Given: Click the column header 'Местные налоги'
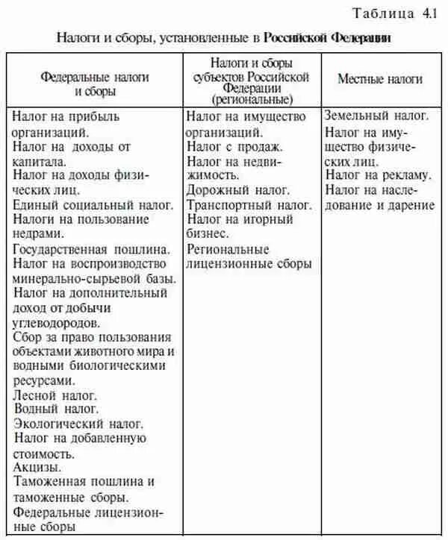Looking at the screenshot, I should coord(379,79).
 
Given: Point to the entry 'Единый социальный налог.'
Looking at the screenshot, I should coord(93,204).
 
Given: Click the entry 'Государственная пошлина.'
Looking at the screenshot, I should coord(93,248).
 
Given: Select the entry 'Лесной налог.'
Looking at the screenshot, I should coord(55,395).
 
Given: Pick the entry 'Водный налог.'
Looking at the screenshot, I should coord(56,409).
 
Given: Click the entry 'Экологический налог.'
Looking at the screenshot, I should coord(73,424).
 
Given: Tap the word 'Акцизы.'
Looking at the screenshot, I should coord(35,467).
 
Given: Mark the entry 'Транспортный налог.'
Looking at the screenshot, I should coord(249,204).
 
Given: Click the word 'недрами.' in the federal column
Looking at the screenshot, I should coord(39,233).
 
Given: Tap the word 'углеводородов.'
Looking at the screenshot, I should coord(56,322).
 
